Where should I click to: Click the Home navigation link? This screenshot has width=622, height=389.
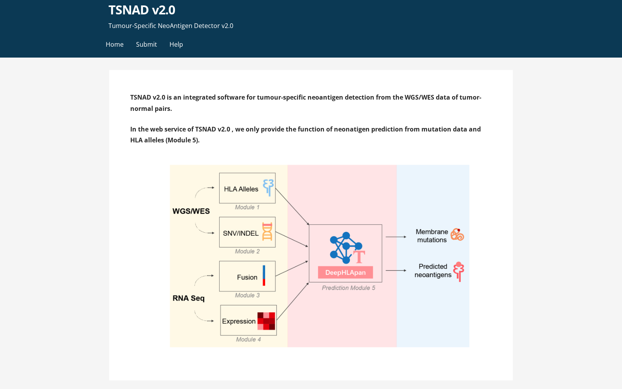[x=114, y=44]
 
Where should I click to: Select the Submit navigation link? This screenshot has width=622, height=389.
[x=146, y=44]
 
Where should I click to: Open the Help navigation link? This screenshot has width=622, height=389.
[x=176, y=44]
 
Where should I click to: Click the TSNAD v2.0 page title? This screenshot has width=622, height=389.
[x=142, y=10]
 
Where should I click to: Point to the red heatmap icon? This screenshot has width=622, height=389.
[x=266, y=321]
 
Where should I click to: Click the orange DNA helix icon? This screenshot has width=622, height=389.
[x=267, y=231]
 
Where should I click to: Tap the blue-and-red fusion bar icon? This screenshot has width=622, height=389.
[x=264, y=276]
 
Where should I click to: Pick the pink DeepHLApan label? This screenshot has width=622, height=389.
[x=346, y=272]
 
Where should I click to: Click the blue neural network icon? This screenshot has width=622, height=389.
[x=346, y=247]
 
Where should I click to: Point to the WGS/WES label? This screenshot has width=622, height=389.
[x=191, y=211]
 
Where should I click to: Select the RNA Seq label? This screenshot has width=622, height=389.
[x=189, y=298]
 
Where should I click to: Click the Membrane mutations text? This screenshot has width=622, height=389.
[x=432, y=236]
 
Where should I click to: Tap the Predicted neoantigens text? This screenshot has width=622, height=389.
[x=433, y=271]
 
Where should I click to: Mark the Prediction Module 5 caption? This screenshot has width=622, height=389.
[x=348, y=288]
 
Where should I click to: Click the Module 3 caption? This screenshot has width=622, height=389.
[x=247, y=295]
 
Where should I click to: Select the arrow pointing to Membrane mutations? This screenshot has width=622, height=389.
[x=396, y=237]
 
